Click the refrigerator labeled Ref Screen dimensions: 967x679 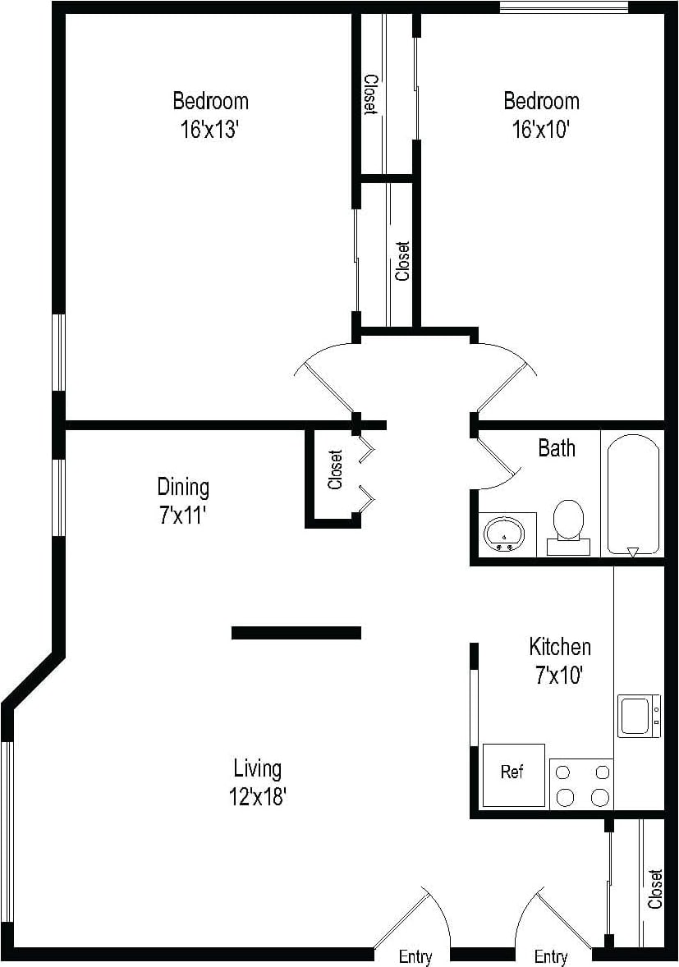click(x=513, y=773)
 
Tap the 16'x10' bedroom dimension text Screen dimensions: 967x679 click(x=541, y=129)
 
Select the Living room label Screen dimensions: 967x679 click(x=258, y=769)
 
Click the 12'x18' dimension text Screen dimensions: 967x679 click(x=258, y=796)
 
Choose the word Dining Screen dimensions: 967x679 click(x=183, y=487)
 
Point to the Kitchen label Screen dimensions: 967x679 click(x=559, y=647)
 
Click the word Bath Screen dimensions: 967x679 click(x=557, y=448)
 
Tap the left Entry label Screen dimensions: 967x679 click(x=415, y=956)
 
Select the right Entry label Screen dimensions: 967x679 click(x=551, y=956)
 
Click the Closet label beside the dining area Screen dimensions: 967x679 click(x=335, y=470)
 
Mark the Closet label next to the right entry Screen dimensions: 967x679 click(x=654, y=889)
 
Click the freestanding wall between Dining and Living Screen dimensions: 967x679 click(x=296, y=632)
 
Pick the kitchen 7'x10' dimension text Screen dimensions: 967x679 click(x=559, y=676)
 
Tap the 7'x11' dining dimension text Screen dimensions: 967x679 click(x=183, y=516)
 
